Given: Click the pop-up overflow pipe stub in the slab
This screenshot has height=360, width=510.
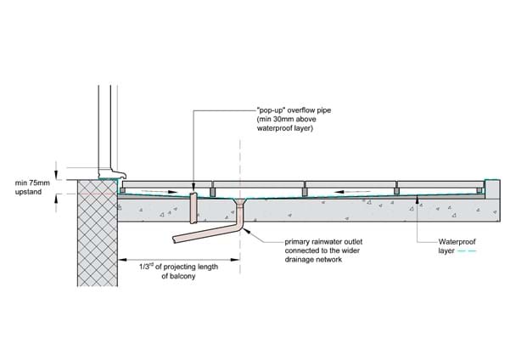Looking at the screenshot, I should coord(193,206).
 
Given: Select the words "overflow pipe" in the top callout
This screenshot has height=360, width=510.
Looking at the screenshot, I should coord(300,111).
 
